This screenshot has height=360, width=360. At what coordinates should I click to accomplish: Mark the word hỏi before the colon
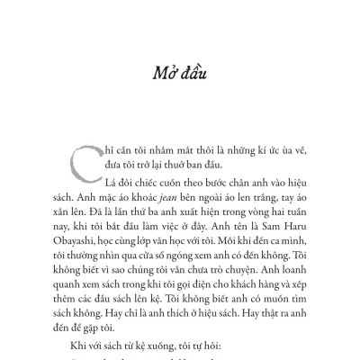[x=219, y=351]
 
